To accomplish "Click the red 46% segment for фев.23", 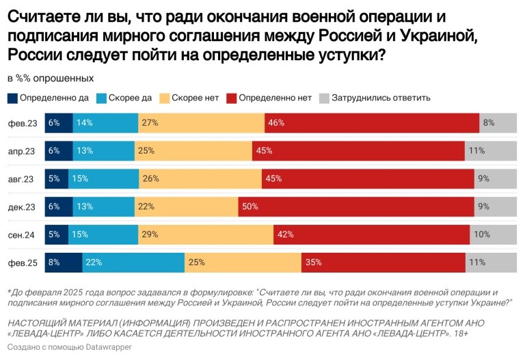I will pos(372,123).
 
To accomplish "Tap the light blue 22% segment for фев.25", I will pos(133,262).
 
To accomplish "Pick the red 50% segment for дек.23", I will pos(356,206).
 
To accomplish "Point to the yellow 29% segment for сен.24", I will pos(204,234).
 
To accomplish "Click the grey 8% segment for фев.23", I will pos(498,123).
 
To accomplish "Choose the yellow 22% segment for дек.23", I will pos(187,206).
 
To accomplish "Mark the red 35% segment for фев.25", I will pos(383,262).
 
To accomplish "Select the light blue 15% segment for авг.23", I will pos(103,178).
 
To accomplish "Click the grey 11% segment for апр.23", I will pos(491,151).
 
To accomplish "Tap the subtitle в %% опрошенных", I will pos(51,78).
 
